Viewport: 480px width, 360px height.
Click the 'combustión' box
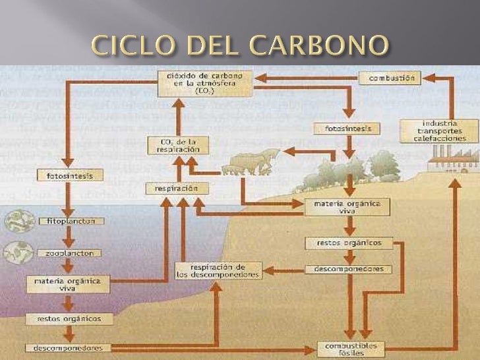[390, 78]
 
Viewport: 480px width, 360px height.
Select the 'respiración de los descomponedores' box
[218, 270]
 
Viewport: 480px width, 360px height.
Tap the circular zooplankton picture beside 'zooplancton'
[20, 253]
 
